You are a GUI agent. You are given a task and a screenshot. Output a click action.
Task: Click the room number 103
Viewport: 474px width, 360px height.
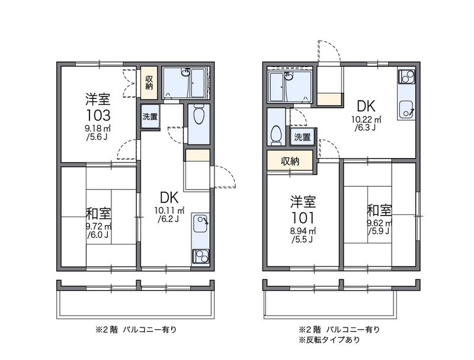click(x=98, y=115)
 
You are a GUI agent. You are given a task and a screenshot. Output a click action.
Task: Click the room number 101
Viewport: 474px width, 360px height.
click(x=303, y=218)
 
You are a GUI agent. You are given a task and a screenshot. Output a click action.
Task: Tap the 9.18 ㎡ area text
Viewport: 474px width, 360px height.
click(x=98, y=128)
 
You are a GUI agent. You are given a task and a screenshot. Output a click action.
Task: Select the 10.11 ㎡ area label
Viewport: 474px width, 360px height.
click(x=169, y=210)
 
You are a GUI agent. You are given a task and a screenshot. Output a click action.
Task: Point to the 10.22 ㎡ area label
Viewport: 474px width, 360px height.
click(x=366, y=120)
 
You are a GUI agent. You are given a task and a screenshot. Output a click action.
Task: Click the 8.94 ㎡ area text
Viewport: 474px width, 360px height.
click(x=303, y=232)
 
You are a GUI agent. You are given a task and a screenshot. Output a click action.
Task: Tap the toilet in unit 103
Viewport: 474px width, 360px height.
click(x=198, y=114)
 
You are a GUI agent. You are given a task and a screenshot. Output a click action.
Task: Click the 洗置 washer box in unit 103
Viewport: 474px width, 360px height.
click(x=150, y=117)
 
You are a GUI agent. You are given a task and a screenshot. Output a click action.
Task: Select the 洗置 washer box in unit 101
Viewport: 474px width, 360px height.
click(x=302, y=137)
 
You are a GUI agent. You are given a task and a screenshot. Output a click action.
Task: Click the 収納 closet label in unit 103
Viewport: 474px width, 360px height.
click(x=149, y=82)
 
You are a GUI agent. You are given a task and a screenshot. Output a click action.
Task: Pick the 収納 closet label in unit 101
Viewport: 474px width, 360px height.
click(x=290, y=161)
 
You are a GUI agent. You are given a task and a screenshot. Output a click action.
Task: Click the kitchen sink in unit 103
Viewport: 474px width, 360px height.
click(x=200, y=223)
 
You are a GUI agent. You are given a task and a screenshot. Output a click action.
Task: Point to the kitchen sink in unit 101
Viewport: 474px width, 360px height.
click(x=406, y=110)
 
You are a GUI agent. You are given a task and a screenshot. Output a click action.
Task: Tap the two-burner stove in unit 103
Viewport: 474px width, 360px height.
click(x=200, y=258)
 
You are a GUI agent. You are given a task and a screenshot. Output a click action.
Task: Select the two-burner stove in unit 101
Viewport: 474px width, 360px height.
click(x=406, y=76)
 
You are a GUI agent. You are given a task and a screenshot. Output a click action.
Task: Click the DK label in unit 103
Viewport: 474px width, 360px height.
click(x=169, y=198)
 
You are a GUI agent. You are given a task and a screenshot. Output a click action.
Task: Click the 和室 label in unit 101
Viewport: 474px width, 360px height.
click(x=380, y=211)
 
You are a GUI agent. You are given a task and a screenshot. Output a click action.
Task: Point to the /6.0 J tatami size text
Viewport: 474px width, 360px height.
click(x=98, y=234)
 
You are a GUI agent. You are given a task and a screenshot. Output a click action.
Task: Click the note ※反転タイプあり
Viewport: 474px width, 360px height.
click(x=329, y=340)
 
